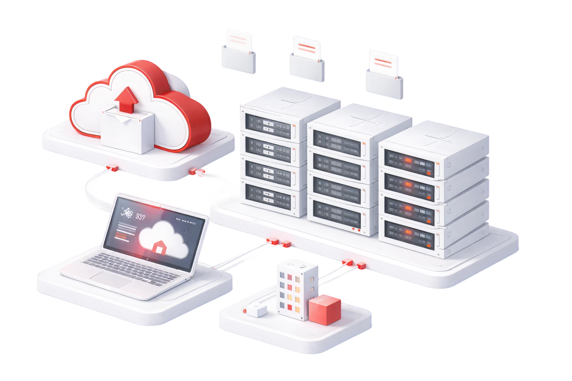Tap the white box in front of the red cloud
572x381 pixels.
click(x=127, y=132)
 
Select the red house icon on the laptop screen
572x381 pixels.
click(x=158, y=247)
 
